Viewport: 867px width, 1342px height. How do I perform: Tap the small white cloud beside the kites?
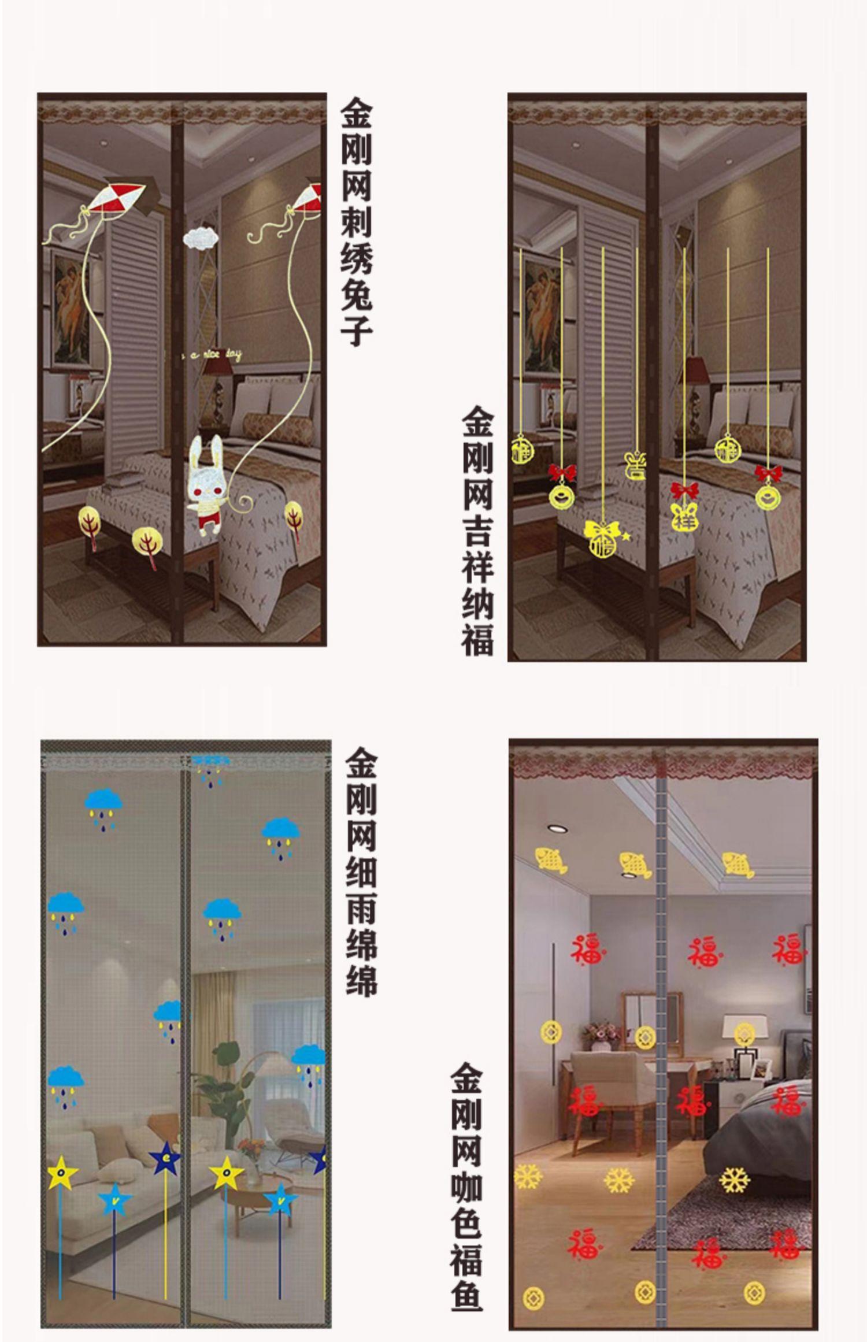coord(198,239)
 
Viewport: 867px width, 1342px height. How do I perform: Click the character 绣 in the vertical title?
coord(357,258)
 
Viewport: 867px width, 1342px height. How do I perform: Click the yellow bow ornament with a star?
coord(602,537)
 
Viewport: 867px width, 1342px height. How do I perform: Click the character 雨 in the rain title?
coord(361,909)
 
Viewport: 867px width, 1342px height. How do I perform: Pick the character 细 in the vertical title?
coord(361,872)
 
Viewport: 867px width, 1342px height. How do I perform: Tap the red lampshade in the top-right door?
coord(696,370)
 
